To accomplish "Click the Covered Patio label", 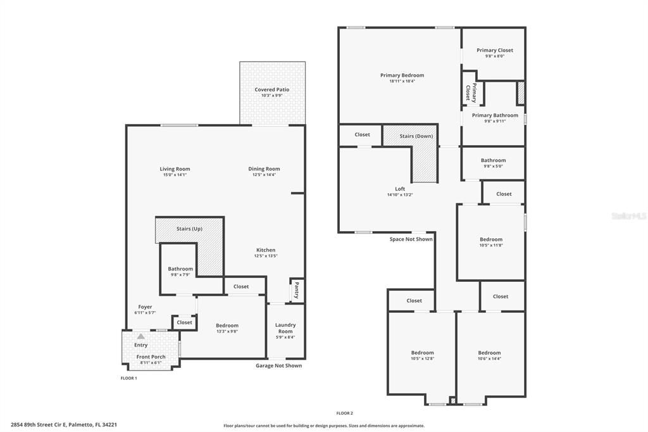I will pos(272,89).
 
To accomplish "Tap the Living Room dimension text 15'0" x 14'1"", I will pos(175,175).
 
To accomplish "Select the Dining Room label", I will pos(264,168).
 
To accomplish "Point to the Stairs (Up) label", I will pos(189,229).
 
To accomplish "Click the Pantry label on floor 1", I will pos(296,291).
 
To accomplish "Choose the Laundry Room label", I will pos(285,328).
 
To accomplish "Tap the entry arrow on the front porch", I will pos(140,337).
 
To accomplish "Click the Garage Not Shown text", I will pos(278,365).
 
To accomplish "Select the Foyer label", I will pos(145,307).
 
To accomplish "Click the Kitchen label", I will pos(266,250).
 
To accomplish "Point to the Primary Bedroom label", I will pos(402,75).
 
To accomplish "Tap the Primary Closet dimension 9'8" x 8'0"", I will pos(495,56).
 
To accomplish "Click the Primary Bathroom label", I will pos(495,115).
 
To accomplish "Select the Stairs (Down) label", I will pos(416,136).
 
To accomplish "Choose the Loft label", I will pos(400,189).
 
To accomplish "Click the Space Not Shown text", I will pos(411,239).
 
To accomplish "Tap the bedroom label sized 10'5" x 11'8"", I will pos(491,239).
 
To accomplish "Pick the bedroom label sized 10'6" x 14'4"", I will pos(489,353).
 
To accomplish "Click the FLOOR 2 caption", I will pos(344,413).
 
